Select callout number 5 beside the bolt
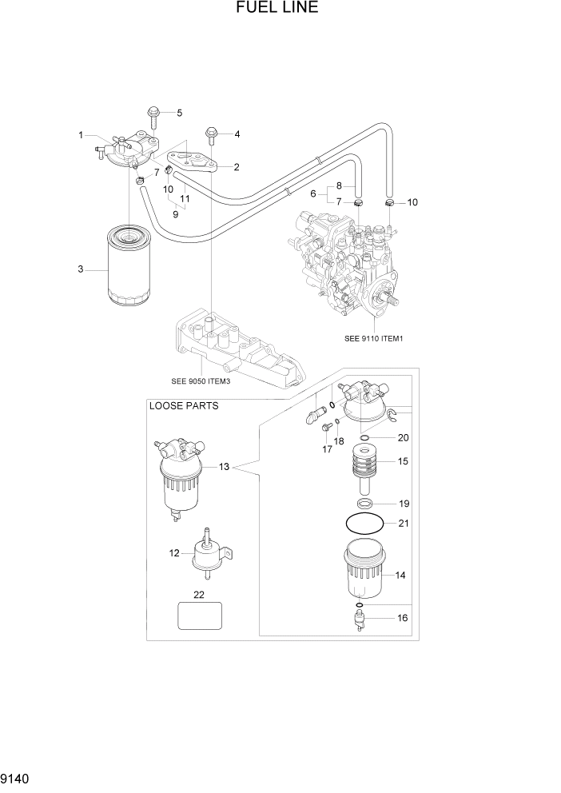pos(179,113)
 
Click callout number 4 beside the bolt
pos(237,133)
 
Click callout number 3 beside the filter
pos(81,269)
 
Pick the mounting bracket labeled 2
pos(197,162)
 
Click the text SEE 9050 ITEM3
pos(201,381)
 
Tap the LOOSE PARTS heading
pos(184,405)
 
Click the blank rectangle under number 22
pos(198,617)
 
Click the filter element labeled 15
pos(364,466)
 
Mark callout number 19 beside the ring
pos(404,504)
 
